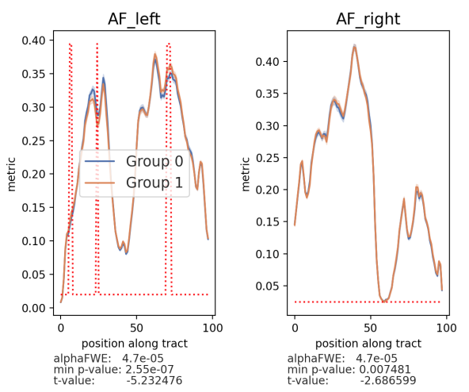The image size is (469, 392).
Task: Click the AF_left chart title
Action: point(134,20)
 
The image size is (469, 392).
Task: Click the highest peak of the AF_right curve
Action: point(354,46)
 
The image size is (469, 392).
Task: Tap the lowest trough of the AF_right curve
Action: point(384,301)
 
